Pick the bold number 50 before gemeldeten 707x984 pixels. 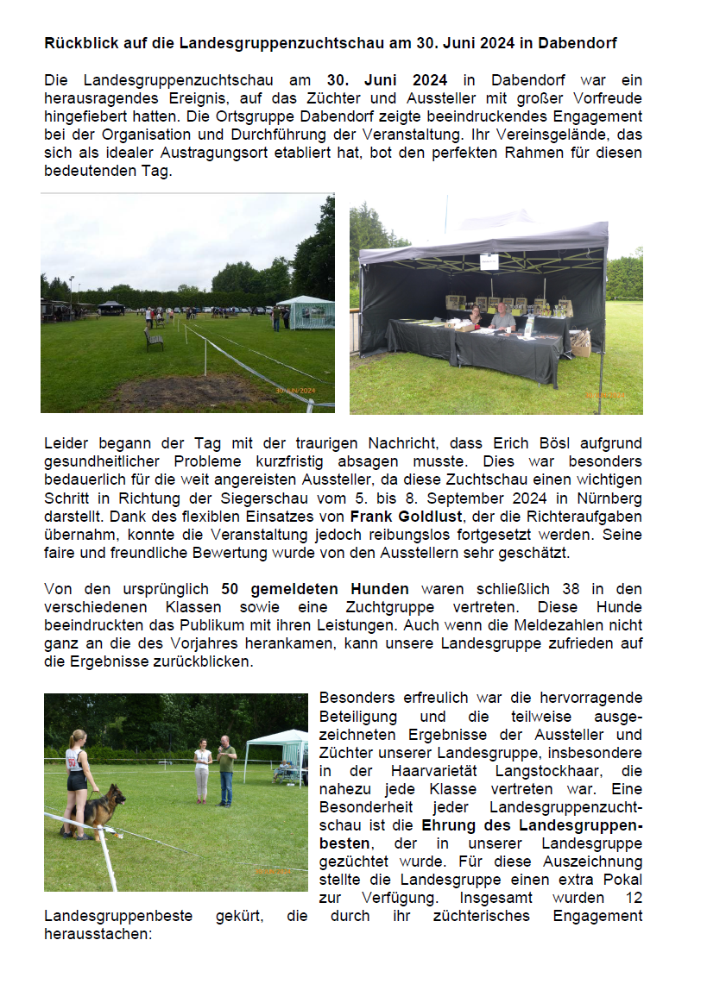click(x=230, y=589)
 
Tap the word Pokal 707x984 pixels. click(x=618, y=879)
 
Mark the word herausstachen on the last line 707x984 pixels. click(x=98, y=933)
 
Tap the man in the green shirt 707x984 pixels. click(x=226, y=768)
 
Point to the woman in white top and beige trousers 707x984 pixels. click(x=202, y=769)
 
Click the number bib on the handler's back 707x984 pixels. click(x=73, y=763)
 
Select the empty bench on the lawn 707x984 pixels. click(x=154, y=339)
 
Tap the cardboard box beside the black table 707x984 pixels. click(x=582, y=342)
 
